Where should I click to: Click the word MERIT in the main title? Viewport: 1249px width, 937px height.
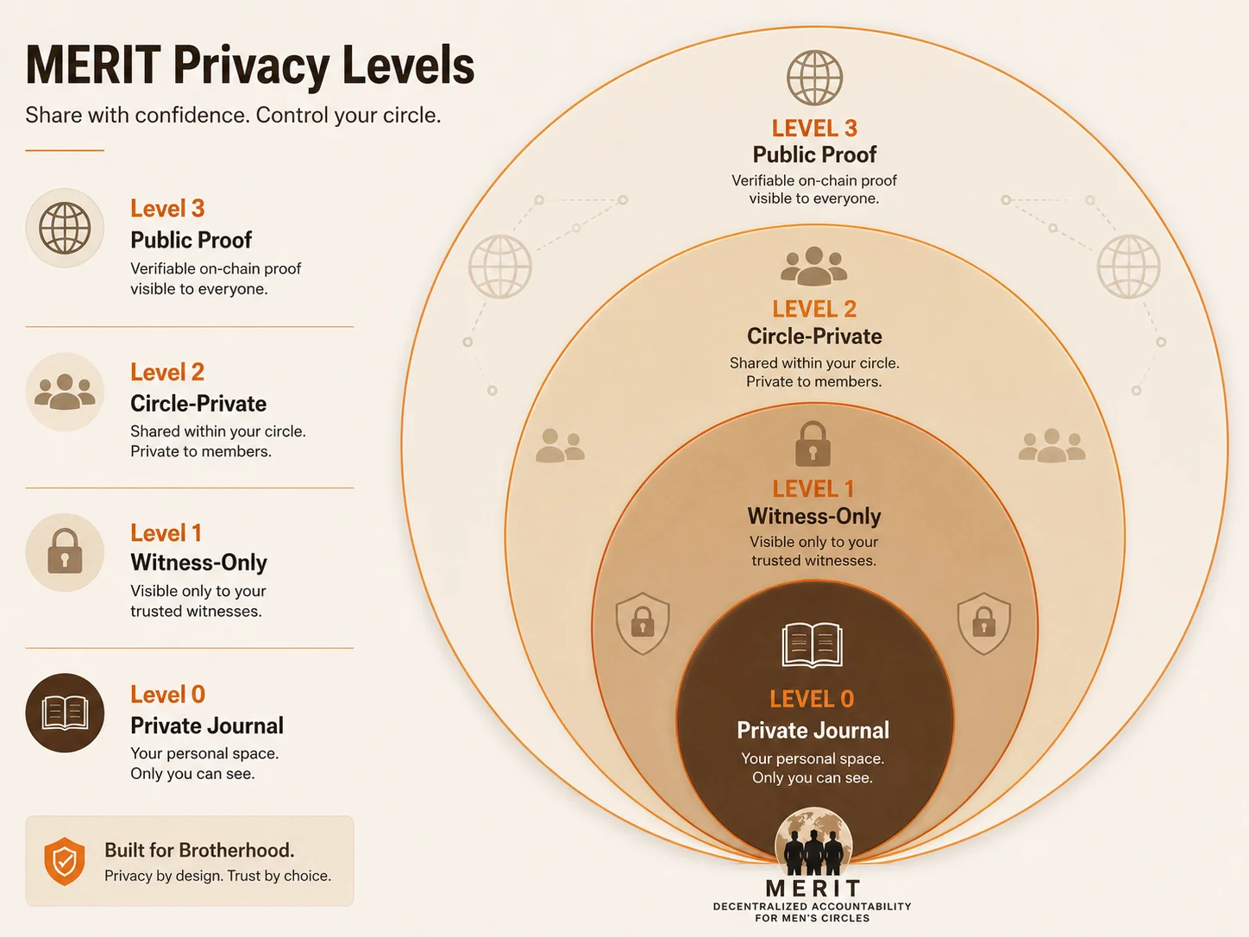[x=94, y=66]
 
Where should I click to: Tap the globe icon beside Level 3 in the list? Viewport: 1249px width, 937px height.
[x=65, y=228]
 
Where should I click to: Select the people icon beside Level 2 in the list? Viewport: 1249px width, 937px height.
[x=65, y=392]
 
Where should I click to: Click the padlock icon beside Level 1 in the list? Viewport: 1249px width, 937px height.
[x=65, y=550]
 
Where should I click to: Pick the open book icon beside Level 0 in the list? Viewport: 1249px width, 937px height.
[x=65, y=713]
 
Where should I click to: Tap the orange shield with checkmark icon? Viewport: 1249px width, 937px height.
[x=65, y=861]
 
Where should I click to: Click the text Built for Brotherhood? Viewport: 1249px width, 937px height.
[x=199, y=850]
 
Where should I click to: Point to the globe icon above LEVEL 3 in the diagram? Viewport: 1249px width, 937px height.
[x=814, y=78]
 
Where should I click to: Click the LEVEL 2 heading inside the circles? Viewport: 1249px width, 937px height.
[x=814, y=309]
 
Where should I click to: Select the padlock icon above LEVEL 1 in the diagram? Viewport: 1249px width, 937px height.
[x=813, y=443]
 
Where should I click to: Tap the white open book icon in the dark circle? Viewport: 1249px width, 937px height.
[x=813, y=645]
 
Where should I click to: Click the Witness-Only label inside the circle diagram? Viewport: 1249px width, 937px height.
[x=814, y=516]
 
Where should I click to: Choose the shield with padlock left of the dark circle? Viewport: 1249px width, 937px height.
[x=643, y=623]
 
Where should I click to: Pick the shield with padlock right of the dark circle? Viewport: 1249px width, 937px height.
[x=984, y=623]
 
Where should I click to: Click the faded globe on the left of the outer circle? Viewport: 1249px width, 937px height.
[x=500, y=267]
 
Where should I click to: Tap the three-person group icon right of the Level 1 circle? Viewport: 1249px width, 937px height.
[x=1051, y=445]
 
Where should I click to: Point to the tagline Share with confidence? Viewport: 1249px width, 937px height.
[x=136, y=115]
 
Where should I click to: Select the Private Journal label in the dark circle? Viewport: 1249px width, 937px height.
[x=813, y=730]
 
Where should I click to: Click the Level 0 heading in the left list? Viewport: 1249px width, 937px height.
[x=168, y=695]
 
